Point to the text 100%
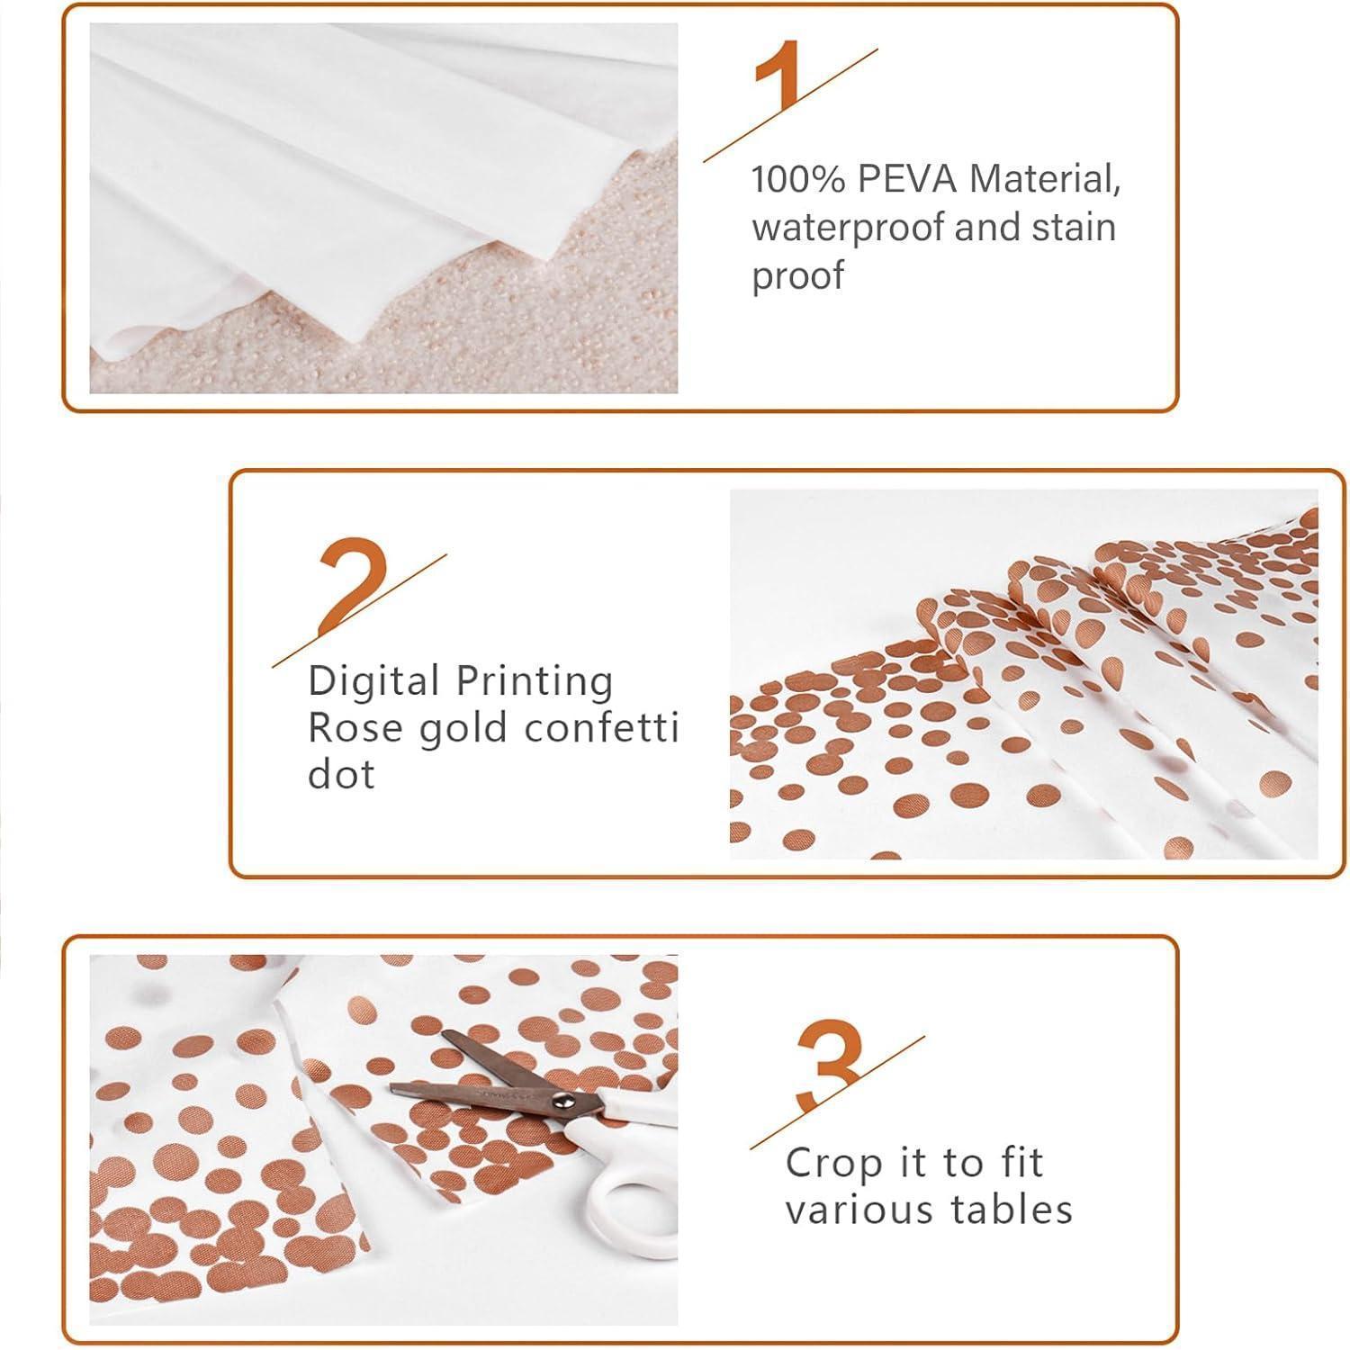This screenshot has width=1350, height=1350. (x=798, y=179)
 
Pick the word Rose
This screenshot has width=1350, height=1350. (x=356, y=727)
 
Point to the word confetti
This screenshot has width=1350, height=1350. (x=601, y=727)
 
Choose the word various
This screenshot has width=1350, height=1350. (x=858, y=1210)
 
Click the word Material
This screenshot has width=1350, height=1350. (x=1045, y=179)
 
